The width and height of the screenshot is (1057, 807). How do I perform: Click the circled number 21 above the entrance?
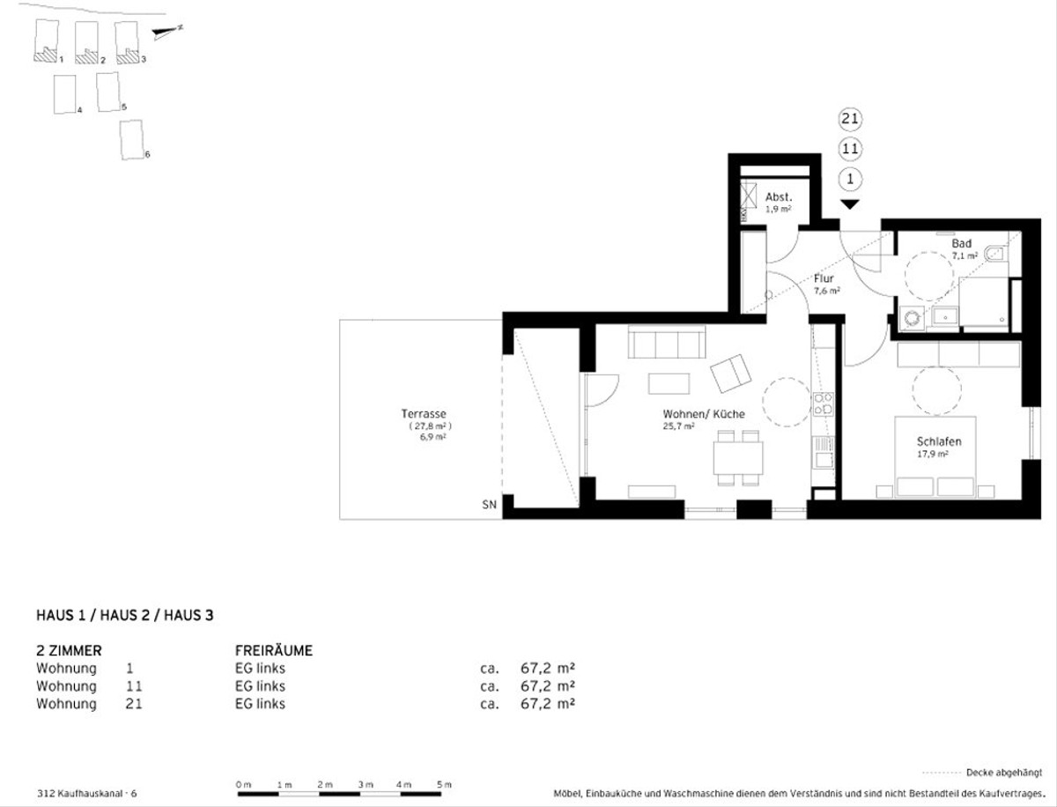click(850, 119)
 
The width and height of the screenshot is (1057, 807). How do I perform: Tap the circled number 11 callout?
click(850, 149)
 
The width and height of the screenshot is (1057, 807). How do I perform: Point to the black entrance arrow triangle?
click(850, 204)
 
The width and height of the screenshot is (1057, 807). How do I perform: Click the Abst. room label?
click(779, 197)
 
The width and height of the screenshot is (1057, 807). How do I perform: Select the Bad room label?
click(962, 243)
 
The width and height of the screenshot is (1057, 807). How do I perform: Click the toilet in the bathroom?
click(996, 253)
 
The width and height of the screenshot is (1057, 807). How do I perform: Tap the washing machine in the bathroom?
click(912, 318)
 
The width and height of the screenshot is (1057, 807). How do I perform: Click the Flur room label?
click(824, 278)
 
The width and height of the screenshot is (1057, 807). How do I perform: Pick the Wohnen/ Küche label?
click(704, 413)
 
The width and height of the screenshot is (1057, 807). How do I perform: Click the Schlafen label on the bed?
click(939, 441)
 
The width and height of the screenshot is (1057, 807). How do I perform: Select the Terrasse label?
click(424, 413)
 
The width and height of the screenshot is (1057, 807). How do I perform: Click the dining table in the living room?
click(738, 458)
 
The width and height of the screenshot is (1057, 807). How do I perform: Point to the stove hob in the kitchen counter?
click(823, 404)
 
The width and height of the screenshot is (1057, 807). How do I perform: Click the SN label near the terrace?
click(489, 505)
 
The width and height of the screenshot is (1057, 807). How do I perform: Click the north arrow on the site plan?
click(166, 31)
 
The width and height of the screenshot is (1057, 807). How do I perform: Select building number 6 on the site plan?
click(131, 139)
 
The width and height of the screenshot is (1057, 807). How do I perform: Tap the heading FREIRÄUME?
click(274, 650)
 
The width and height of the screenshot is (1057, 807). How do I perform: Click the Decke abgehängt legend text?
click(1004, 773)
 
